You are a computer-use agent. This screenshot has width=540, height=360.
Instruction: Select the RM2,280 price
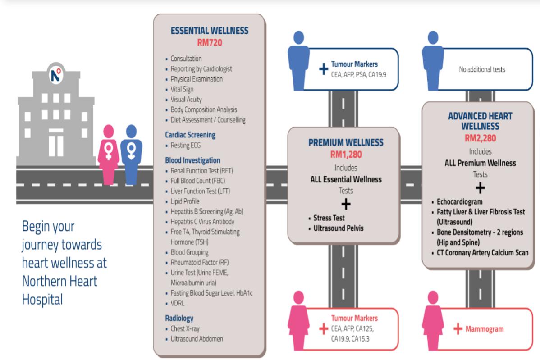pos(480,139)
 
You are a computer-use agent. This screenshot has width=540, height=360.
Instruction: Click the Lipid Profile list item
pos(185,201)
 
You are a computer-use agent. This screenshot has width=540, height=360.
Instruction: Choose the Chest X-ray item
pos(186,328)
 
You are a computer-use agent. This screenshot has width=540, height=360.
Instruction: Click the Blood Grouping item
pos(189,252)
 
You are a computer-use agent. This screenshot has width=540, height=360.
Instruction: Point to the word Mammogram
pos(485,329)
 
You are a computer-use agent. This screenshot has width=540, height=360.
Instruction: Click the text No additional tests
pos(482,69)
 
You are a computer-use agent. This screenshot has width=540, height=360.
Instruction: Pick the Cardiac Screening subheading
pos(190,135)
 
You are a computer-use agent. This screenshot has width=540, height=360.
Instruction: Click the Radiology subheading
pos(179,318)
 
